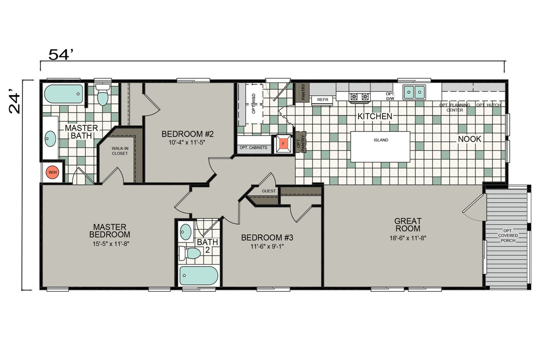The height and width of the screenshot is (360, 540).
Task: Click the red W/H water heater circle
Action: pyautogui.click(x=53, y=172)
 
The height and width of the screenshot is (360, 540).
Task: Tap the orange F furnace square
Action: pyautogui.click(x=283, y=144)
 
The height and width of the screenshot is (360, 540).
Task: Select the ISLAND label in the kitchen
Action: pyautogui.click(x=381, y=140)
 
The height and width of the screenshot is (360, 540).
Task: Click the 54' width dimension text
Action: pyautogui.click(x=61, y=54)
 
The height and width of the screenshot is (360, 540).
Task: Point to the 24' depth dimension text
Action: pyautogui.click(x=14, y=101)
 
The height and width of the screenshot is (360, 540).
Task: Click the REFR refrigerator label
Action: pyautogui.click(x=323, y=99)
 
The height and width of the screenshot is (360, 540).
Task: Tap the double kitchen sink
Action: pyautogui.click(x=414, y=92)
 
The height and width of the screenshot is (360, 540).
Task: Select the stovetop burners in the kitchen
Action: pyautogui.click(x=359, y=97)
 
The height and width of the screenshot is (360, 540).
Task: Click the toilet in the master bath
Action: pyautogui.click(x=103, y=95)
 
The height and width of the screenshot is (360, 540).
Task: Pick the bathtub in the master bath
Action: pyautogui.click(x=64, y=94)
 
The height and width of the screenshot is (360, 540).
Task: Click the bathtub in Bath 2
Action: pyautogui.click(x=199, y=276)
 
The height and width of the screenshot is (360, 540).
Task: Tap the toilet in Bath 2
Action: pyautogui.click(x=189, y=253)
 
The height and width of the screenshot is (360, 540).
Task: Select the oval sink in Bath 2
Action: pyautogui.click(x=186, y=232)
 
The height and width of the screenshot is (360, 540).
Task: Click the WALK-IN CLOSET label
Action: pyautogui.click(x=120, y=151)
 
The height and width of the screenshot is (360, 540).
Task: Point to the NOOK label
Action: pyautogui.click(x=470, y=139)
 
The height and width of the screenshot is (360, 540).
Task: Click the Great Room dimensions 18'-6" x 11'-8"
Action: pyautogui.click(x=408, y=238)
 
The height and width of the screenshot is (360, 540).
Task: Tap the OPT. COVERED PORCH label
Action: pyautogui.click(x=508, y=235)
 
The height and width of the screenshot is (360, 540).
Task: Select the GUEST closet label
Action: pyautogui.click(x=269, y=191)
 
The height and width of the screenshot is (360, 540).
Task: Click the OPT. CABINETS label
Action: pyautogui.click(x=254, y=148)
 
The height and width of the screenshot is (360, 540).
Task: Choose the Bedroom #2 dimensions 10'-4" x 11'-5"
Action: pyautogui.click(x=187, y=142)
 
